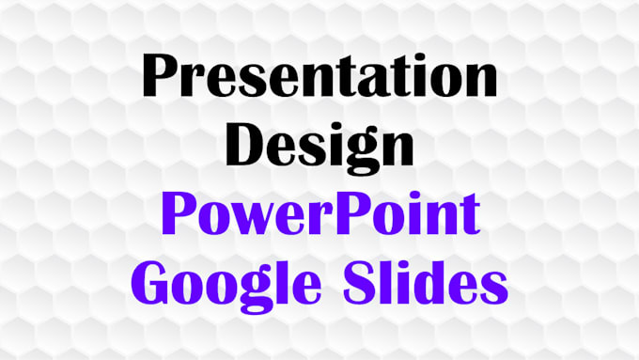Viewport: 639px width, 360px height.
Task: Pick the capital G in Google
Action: (x=154, y=279)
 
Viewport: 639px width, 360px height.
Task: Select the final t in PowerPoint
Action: (x=471, y=215)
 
